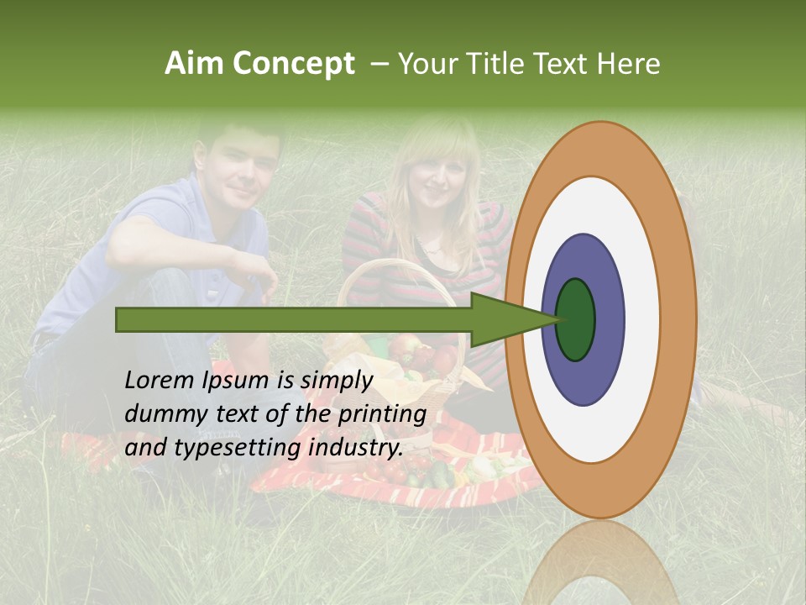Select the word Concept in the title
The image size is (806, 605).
coord(294,64)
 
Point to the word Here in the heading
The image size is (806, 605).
coord(630,64)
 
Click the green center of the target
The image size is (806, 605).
coord(575,320)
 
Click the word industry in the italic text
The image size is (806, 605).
coord(356,448)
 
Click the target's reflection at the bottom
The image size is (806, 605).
coord(601,563)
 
